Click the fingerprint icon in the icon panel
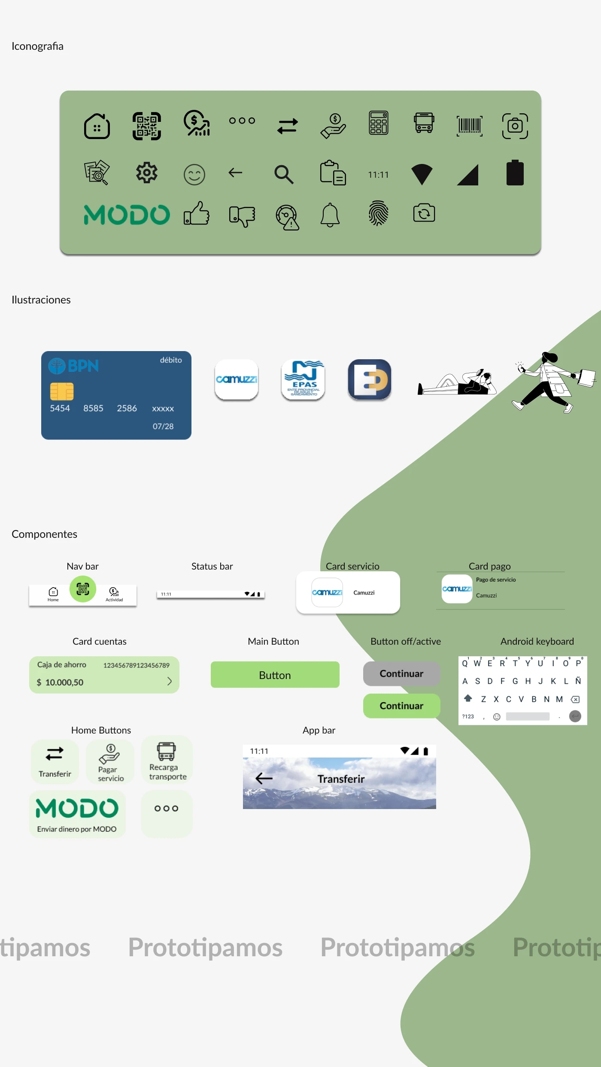point(378,213)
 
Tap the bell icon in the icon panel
point(330,215)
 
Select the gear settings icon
point(147,173)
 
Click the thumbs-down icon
point(242,215)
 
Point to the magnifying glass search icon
point(284,174)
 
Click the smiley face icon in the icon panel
point(194,175)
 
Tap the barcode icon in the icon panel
point(469,126)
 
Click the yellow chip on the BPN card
point(62,391)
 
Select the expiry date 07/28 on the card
point(163,426)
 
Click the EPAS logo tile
point(303,379)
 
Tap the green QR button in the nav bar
point(83,589)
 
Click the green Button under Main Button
point(275,675)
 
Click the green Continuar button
point(401,706)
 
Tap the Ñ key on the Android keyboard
point(578,681)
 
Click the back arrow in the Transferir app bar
point(264,778)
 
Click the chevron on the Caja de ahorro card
point(169,681)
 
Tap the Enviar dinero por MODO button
point(77,814)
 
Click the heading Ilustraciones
point(41,300)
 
